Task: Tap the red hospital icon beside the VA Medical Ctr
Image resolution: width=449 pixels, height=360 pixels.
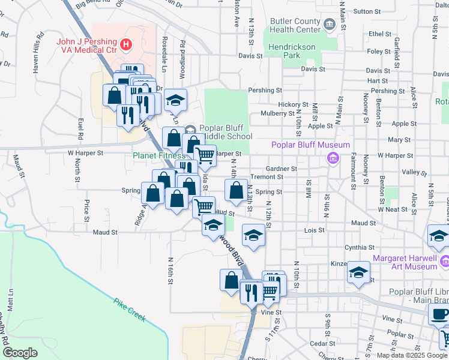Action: pos(125,43)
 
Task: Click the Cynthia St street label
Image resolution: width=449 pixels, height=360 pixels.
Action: pos(359,247)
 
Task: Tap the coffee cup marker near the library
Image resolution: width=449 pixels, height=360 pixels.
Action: pos(439,313)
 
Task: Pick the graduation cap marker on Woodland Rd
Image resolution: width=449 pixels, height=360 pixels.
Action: pos(175,100)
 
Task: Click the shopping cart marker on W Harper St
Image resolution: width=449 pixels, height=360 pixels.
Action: pos(205,156)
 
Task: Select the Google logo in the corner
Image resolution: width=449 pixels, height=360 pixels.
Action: pos(20,353)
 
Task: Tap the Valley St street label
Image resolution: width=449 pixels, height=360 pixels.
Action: pos(414,172)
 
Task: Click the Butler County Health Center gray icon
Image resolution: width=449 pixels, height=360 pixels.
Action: pos(329,25)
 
